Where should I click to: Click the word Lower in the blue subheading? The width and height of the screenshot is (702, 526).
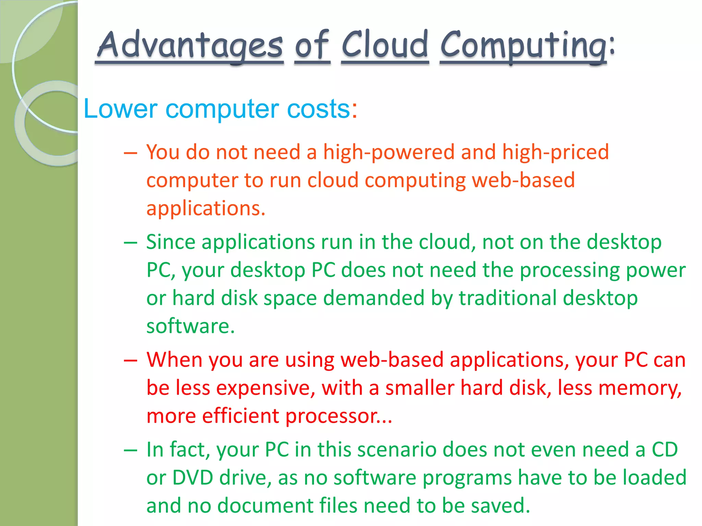pos(120,109)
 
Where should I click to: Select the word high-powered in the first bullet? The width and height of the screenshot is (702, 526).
pos(389,152)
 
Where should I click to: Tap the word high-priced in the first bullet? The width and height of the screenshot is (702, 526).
pos(555,152)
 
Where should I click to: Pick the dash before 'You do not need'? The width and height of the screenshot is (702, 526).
pos(130,153)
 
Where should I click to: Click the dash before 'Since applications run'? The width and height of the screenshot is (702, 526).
pos(130,243)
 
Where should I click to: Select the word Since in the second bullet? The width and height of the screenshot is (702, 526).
pos(171,242)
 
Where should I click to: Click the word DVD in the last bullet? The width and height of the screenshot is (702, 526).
pos(193,478)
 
